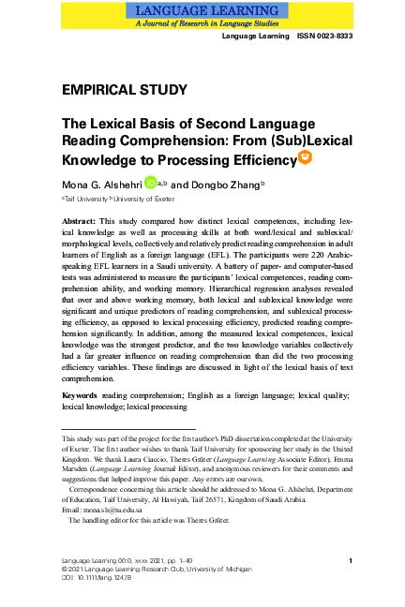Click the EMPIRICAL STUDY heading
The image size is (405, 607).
click(x=124, y=90)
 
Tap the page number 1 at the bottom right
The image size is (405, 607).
click(x=349, y=560)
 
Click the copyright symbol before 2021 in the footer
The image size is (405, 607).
click(x=65, y=569)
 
